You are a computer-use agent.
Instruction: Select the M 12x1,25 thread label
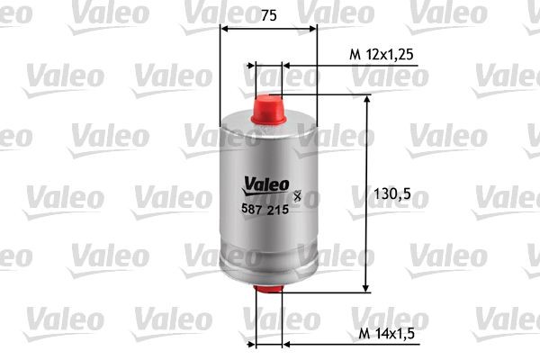[380, 56]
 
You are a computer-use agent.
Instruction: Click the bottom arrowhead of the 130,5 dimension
[366, 286]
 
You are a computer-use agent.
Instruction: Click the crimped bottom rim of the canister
[268, 275]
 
